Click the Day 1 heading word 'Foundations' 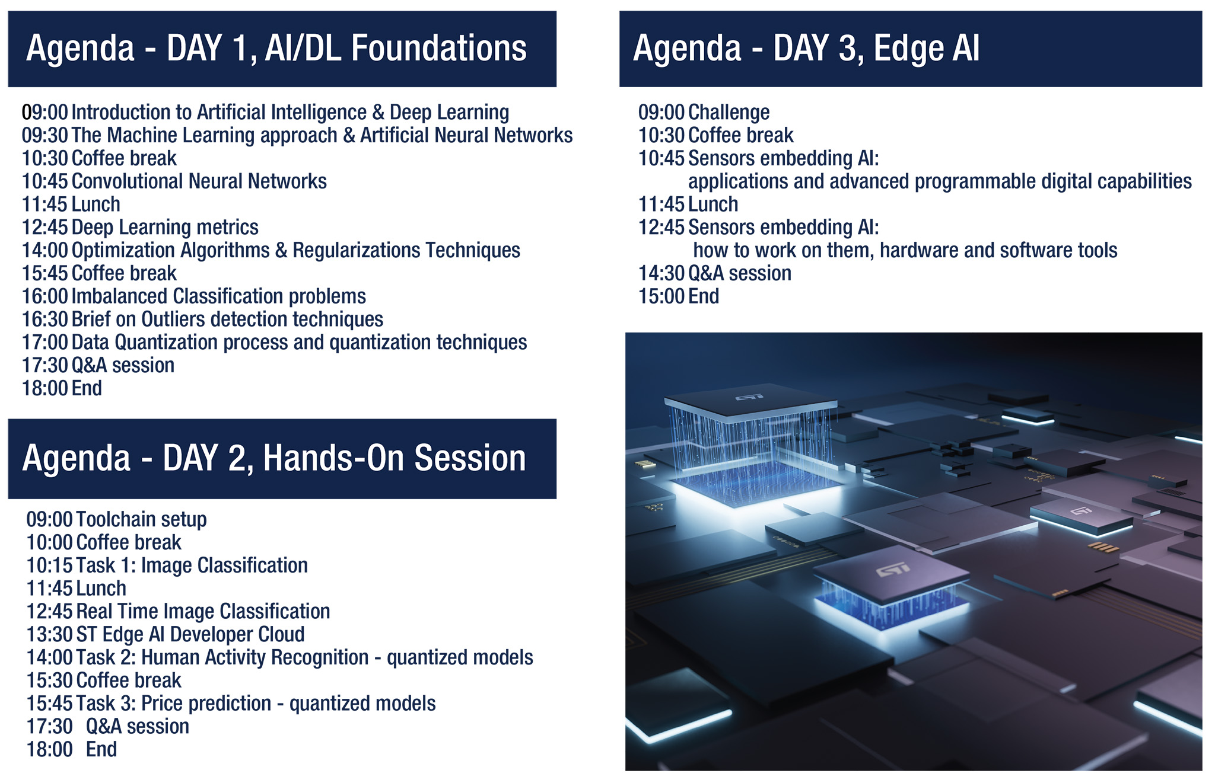point(438,48)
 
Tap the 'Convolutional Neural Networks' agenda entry point(199,181)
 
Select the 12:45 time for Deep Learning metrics point(44,228)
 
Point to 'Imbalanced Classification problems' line point(218,296)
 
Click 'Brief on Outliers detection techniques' point(227,319)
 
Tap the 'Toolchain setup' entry point(141,520)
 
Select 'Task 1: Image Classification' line point(192,565)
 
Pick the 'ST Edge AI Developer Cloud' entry point(190,635)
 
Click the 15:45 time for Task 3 point(49,704)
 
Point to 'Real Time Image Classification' point(203,612)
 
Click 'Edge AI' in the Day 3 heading point(927,48)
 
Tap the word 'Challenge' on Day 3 point(729,113)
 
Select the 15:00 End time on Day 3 point(661,296)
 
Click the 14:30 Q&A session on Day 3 point(715,273)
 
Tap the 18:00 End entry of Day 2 point(72,750)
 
